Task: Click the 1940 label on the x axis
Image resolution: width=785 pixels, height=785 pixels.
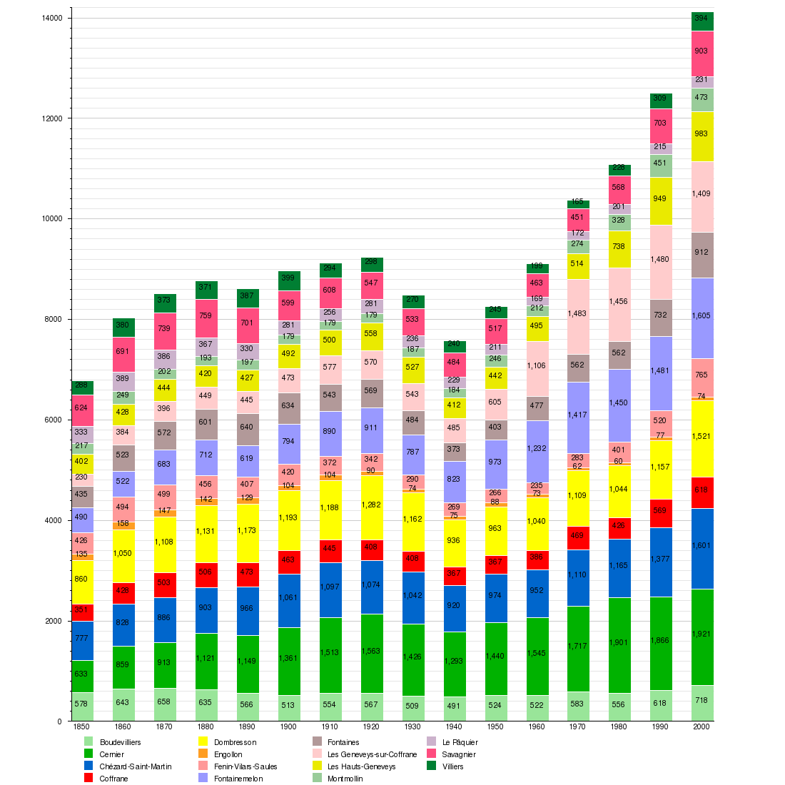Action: tap(454, 726)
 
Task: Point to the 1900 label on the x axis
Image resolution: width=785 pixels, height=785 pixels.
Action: tap(288, 726)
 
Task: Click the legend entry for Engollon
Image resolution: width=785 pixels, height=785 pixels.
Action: tap(228, 754)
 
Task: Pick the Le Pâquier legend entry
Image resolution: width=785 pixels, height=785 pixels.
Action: tap(460, 742)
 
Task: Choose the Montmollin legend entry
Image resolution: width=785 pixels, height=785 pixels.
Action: tap(345, 779)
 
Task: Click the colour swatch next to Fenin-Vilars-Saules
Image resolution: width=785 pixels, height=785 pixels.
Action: tap(203, 766)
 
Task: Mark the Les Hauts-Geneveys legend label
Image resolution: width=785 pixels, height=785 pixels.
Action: tap(361, 766)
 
